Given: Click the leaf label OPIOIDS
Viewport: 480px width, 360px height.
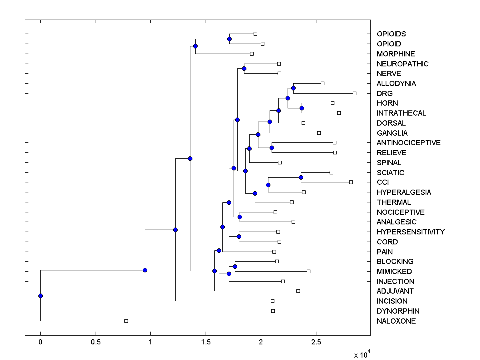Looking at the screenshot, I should [x=391, y=34].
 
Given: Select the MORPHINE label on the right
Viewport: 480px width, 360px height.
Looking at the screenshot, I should [x=396, y=54].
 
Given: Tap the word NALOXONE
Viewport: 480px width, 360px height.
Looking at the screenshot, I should [x=396, y=321].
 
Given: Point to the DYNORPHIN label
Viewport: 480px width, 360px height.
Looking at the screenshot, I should [x=398, y=311].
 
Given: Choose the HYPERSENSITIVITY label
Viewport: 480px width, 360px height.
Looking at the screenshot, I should [x=410, y=232].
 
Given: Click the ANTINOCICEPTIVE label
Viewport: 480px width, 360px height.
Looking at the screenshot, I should [x=408, y=143].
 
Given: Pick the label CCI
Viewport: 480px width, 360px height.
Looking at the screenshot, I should [x=383, y=182].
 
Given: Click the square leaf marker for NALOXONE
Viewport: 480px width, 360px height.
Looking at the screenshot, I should [x=126, y=321].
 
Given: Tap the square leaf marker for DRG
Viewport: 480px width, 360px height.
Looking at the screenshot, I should [x=354, y=93].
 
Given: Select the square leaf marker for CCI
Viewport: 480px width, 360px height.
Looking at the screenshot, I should [x=351, y=182].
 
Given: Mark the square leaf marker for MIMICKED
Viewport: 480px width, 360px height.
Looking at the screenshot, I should [x=308, y=271].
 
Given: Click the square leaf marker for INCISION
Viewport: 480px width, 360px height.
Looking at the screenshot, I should [x=272, y=301].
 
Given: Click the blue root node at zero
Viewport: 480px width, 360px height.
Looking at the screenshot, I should [x=40, y=296].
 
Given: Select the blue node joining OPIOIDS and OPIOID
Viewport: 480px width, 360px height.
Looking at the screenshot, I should [x=229, y=39].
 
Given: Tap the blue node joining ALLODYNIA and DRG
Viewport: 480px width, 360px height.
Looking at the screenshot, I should [x=293, y=88].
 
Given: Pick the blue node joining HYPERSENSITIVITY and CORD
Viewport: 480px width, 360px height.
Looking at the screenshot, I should [x=239, y=236].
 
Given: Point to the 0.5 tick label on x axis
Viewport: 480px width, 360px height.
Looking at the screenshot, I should [x=95, y=342].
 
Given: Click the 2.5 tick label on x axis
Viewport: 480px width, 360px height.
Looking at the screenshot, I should [x=316, y=342].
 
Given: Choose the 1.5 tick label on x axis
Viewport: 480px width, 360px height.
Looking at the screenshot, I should [x=206, y=342].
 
